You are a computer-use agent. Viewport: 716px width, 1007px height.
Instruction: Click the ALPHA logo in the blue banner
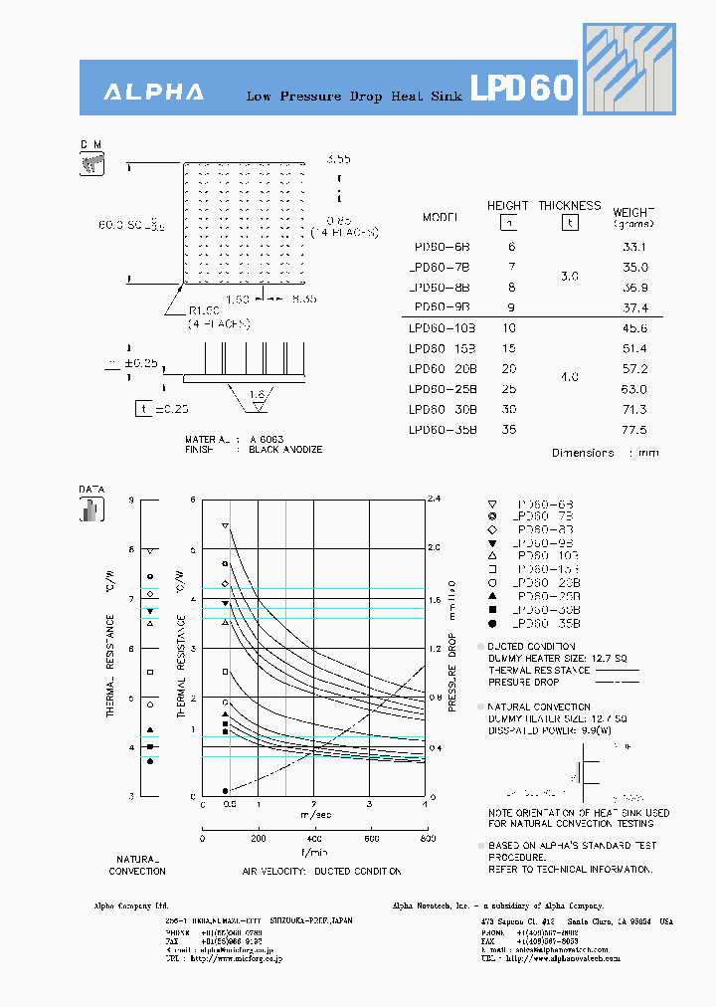click(154, 93)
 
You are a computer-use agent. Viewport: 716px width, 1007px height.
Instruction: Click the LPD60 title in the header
click(521, 90)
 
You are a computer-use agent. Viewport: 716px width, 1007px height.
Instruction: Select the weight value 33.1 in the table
click(633, 247)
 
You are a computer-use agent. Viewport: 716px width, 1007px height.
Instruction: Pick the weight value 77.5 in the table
click(633, 430)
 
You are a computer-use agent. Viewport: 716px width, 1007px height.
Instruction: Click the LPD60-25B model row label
click(443, 389)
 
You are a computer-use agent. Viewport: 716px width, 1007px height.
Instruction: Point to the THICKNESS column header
click(570, 206)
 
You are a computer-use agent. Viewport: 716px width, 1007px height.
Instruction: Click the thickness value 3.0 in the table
click(569, 277)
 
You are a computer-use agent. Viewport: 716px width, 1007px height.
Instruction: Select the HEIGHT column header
click(507, 206)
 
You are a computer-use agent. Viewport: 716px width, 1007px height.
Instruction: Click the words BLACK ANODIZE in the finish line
click(285, 450)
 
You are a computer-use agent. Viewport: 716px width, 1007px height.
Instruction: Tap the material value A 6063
click(266, 439)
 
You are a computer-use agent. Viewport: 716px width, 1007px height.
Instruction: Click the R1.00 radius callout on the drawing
click(204, 311)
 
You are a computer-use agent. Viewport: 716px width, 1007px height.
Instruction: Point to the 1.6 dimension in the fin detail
click(258, 394)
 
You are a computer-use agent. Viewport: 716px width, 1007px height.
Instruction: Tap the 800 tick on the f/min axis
click(428, 839)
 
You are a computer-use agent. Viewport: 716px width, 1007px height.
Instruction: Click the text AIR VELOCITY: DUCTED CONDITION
click(321, 872)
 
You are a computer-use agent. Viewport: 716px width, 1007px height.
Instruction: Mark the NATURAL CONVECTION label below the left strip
click(137, 865)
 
